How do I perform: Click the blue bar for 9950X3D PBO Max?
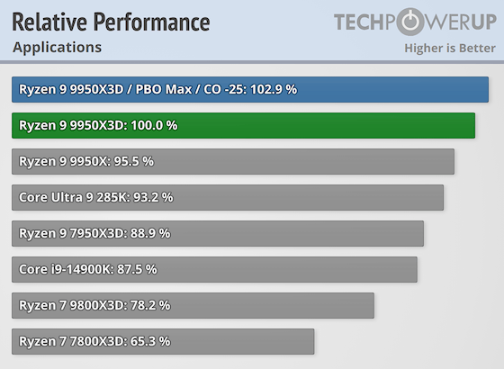[250, 89]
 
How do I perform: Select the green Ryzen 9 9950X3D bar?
[243, 125]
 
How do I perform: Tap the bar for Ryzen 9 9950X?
[233, 161]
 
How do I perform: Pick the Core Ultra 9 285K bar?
[228, 197]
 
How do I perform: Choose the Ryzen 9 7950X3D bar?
[218, 233]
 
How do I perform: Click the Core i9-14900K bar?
[214, 269]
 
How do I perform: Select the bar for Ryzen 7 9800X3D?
[193, 305]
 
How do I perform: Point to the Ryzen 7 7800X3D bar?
[163, 341]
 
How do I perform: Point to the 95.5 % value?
[130, 162]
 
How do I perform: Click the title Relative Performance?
[111, 22]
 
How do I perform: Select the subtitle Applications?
[57, 47]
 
